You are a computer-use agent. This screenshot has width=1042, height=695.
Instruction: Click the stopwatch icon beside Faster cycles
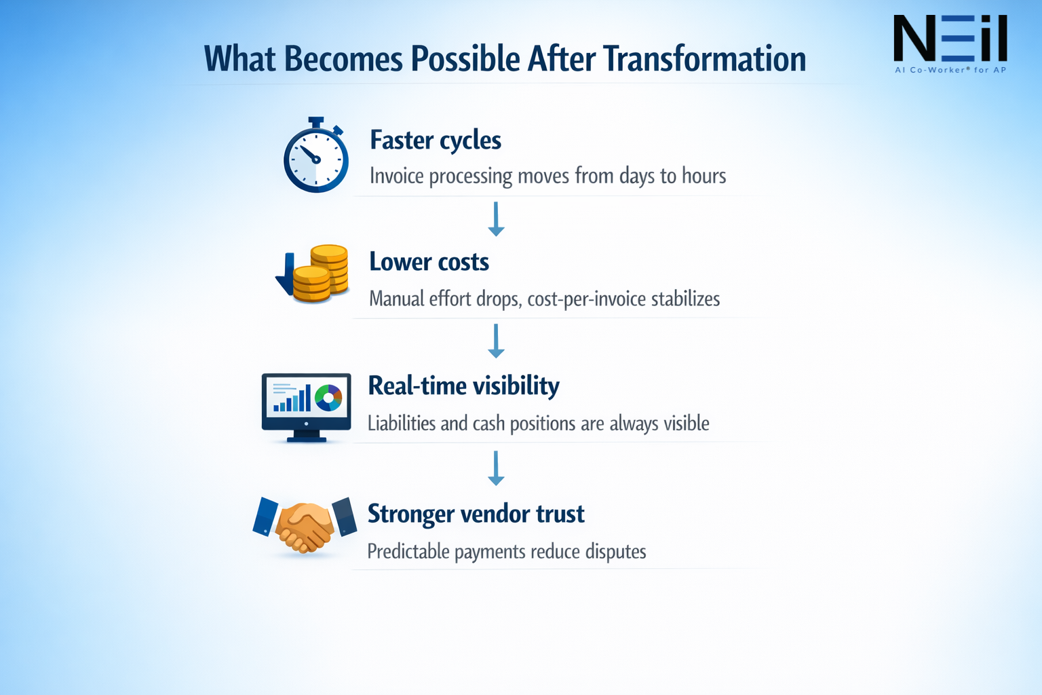click(x=316, y=157)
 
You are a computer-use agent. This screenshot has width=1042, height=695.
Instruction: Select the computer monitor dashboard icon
click(x=307, y=406)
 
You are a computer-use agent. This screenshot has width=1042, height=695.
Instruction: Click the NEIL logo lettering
click(x=950, y=39)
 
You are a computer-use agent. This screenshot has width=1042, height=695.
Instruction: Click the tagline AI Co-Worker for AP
click(x=950, y=70)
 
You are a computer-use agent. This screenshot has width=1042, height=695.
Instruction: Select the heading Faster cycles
click(x=436, y=140)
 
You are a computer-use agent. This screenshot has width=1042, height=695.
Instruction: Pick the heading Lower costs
click(x=429, y=262)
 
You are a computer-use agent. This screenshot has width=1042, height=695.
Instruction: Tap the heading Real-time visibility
click(x=463, y=386)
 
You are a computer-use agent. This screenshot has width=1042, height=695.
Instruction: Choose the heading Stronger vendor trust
click(x=476, y=514)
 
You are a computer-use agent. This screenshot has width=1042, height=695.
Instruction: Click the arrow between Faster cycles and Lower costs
click(x=496, y=219)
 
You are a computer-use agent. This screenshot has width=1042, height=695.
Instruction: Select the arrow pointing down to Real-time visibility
click(x=496, y=341)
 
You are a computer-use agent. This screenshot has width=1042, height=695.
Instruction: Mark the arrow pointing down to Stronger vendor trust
click(x=496, y=468)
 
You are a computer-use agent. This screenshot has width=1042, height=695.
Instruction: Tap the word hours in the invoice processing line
click(x=703, y=176)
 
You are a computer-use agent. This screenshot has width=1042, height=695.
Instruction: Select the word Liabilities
click(x=402, y=424)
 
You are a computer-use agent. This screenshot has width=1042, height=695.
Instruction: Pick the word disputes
click(x=615, y=552)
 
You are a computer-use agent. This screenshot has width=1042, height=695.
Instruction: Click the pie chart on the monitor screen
click(x=328, y=398)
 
